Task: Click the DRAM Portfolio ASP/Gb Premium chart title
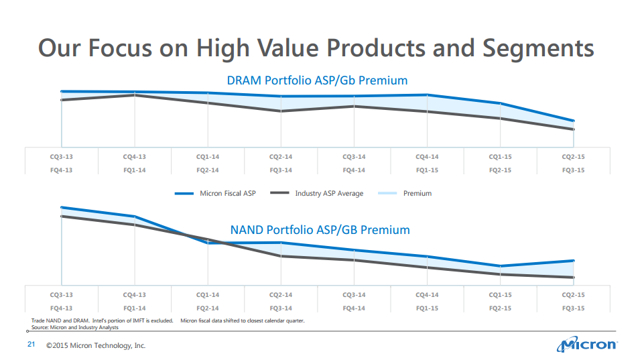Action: pyautogui.click(x=316, y=80)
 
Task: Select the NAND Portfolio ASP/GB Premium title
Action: pyautogui.click(x=320, y=230)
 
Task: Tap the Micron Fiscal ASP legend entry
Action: pyautogui.click(x=215, y=194)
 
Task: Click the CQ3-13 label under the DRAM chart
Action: pyautogui.click(x=61, y=157)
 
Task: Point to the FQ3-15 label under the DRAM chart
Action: pyautogui.click(x=573, y=170)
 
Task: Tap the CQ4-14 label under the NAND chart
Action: pyautogui.click(x=427, y=295)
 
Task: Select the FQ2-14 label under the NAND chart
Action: pyautogui.click(x=208, y=308)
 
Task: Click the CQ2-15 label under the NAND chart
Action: pyautogui.click(x=573, y=295)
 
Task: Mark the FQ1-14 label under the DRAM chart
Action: pyautogui.click(x=134, y=170)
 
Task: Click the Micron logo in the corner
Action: pyautogui.click(x=587, y=345)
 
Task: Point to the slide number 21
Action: pyautogui.click(x=30, y=345)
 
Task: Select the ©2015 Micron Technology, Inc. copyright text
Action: pyautogui.click(x=96, y=346)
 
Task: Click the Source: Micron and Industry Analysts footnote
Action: pyautogui.click(x=75, y=328)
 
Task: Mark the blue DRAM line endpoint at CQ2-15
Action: pyautogui.click(x=574, y=121)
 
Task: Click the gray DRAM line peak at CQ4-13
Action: pyautogui.click(x=135, y=95)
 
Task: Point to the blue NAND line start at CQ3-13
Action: pyautogui.click(x=62, y=207)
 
